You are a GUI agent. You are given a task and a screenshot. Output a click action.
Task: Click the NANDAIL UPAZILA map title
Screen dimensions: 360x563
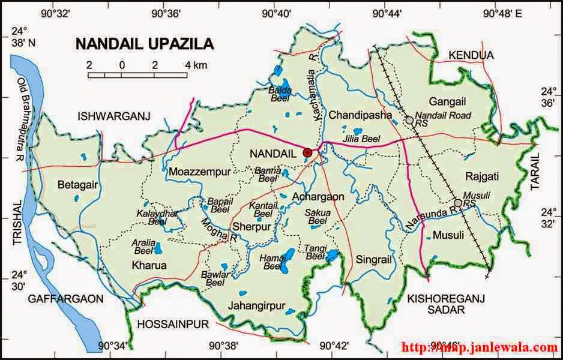(143, 44)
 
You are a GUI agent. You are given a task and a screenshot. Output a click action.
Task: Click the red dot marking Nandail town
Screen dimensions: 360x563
(308, 153)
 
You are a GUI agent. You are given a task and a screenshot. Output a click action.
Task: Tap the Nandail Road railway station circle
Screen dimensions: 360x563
(409, 121)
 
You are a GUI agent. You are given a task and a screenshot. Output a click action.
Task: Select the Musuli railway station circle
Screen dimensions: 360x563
(459, 203)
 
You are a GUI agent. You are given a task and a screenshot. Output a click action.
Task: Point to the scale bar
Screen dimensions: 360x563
(138, 74)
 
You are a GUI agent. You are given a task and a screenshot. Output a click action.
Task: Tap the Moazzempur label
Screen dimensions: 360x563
(199, 172)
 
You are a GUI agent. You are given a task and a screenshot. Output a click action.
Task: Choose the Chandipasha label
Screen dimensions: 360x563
(360, 115)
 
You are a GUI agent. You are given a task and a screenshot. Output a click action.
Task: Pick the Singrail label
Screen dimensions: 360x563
(373, 260)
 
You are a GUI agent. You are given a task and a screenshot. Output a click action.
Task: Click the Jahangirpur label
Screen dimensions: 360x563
(256, 305)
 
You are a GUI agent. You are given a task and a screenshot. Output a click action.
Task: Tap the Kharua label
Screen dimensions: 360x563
(149, 265)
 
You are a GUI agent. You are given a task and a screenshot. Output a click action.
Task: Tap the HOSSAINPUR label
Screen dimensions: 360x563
(173, 325)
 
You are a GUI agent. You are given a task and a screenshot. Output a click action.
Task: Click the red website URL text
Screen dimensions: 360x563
(479, 347)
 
